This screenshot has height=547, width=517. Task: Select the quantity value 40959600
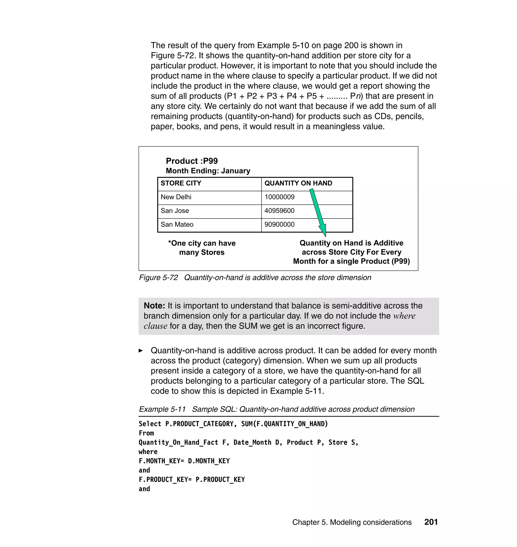pyautogui.click(x=279, y=211)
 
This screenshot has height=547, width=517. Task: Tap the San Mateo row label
pyautogui.click(x=177, y=225)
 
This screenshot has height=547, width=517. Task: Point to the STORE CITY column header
pyautogui.click(x=181, y=183)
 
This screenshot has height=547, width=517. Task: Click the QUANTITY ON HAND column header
pyautogui.click(x=298, y=183)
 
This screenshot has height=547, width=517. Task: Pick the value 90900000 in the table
pyautogui.click(x=279, y=225)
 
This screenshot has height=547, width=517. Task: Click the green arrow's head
pyautogui.click(x=323, y=230)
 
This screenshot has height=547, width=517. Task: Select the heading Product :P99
pyautogui.click(x=192, y=161)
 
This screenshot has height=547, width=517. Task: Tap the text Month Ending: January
pyautogui.click(x=208, y=171)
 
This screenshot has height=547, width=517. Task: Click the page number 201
pyautogui.click(x=431, y=522)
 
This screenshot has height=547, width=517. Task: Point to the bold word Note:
pyautogui.click(x=154, y=306)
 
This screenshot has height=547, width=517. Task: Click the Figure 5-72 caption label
pyautogui.click(x=158, y=278)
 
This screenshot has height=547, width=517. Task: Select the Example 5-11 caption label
pyautogui.click(x=162, y=409)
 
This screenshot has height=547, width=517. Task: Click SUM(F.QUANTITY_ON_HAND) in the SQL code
pyautogui.click(x=285, y=424)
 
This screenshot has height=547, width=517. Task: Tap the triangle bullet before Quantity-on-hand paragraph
pyautogui.click(x=141, y=351)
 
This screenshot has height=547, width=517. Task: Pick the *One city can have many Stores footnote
pyautogui.click(x=202, y=248)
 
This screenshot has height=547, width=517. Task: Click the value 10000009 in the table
pyautogui.click(x=279, y=197)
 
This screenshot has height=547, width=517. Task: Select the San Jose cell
pyautogui.click(x=175, y=211)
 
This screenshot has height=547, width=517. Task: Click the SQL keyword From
pyautogui.click(x=146, y=433)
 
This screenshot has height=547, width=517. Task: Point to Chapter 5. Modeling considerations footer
pyautogui.click(x=352, y=522)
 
